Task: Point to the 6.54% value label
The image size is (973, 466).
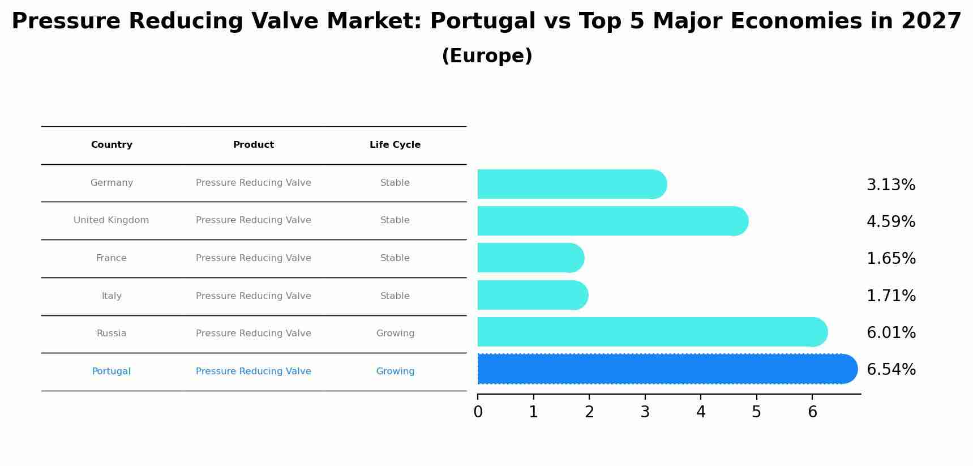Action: (891, 370)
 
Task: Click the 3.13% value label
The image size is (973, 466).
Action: (891, 185)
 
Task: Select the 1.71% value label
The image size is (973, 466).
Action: (891, 296)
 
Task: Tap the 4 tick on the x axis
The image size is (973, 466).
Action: (701, 412)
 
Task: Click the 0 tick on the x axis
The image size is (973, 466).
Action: (478, 412)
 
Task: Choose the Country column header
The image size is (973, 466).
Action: (112, 145)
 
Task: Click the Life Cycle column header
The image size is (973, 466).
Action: (395, 145)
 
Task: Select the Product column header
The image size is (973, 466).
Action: (254, 145)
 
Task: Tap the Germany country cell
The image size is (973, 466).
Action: (112, 183)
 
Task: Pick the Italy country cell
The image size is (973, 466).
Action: (112, 296)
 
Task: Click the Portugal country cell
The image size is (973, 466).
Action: (112, 371)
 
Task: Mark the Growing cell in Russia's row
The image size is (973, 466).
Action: (395, 334)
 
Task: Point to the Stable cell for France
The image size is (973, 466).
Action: (395, 258)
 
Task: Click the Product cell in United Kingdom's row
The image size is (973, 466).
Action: (254, 220)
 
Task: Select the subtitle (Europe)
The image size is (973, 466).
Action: (487, 56)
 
